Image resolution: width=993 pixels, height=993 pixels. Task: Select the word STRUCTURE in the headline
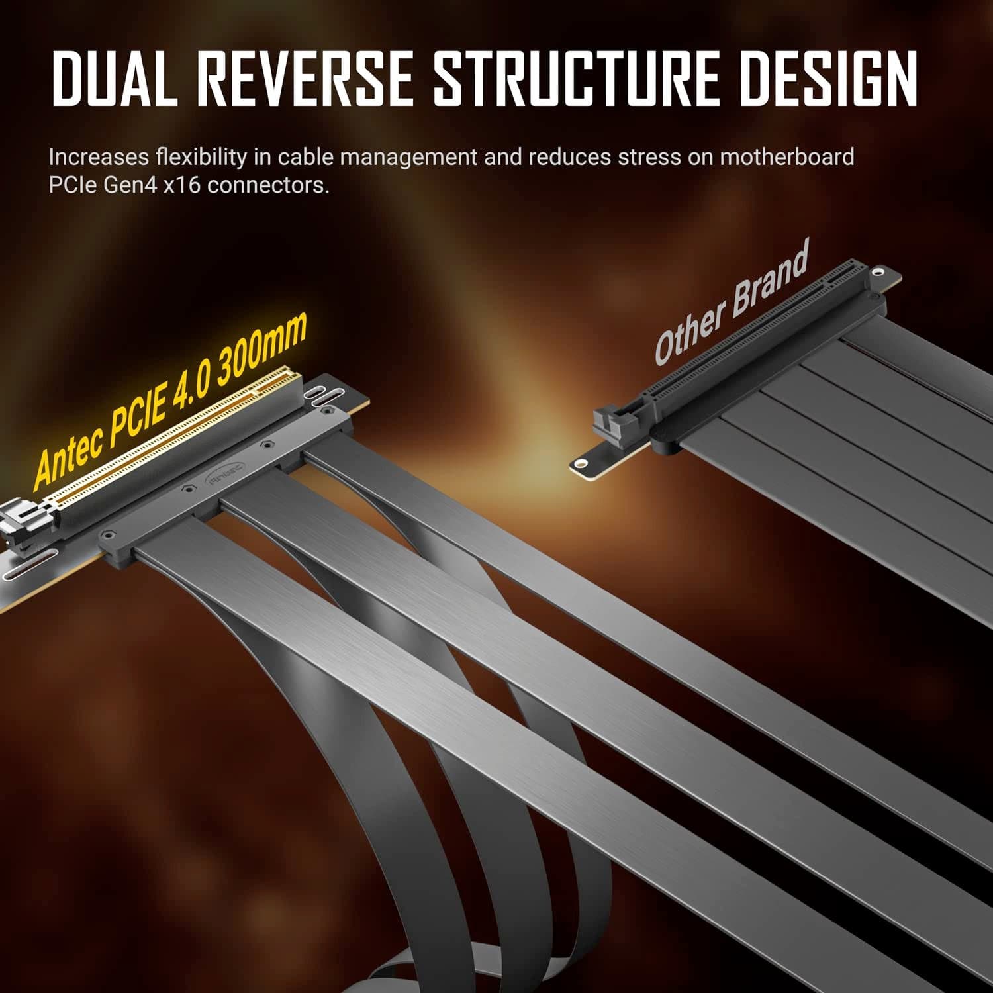pos(576,77)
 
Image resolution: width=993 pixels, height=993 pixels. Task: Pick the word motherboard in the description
pos(786,157)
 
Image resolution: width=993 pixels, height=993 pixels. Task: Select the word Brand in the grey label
pos(769,280)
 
